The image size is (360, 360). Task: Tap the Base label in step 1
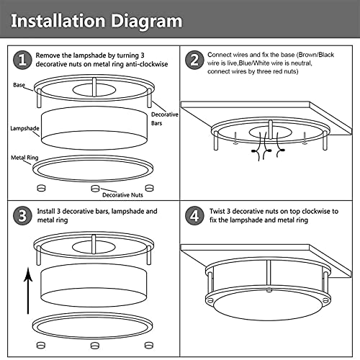coord(20,85)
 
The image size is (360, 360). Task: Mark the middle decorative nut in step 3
coord(94,346)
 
